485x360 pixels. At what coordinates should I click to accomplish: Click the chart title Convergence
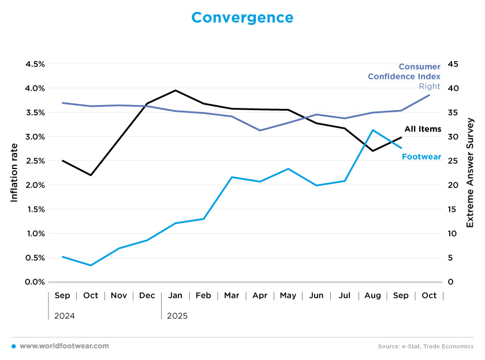pyautogui.click(x=242, y=18)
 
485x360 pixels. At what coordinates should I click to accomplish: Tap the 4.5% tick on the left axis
pyautogui.click(x=34, y=64)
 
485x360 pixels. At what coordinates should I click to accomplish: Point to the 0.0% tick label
pyautogui.click(x=34, y=282)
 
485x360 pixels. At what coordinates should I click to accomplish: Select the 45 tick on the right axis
pyautogui.click(x=454, y=64)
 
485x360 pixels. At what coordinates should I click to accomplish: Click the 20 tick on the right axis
pyautogui.click(x=454, y=185)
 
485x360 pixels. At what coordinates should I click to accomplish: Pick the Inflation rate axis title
pyautogui.click(x=14, y=173)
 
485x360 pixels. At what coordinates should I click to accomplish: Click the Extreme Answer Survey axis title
pyautogui.click(x=470, y=173)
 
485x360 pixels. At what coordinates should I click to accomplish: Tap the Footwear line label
pyautogui.click(x=421, y=156)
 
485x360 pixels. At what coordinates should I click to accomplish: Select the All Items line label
pyautogui.click(x=423, y=129)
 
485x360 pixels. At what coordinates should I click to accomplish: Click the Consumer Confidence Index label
pyautogui.click(x=404, y=72)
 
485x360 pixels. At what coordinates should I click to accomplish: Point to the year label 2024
pyautogui.click(x=64, y=316)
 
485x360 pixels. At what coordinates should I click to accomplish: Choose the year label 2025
pyautogui.click(x=177, y=316)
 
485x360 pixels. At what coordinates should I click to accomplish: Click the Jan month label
pyautogui.click(x=175, y=295)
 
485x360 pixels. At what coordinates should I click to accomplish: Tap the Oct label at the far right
pyautogui.click(x=429, y=295)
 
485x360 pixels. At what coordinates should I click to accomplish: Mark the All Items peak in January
pyautogui.click(x=175, y=91)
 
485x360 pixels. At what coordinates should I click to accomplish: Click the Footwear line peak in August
pyautogui.click(x=373, y=130)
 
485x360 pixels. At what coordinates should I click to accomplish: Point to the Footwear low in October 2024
pyautogui.click(x=91, y=265)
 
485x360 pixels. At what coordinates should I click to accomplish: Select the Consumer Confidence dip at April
pyautogui.click(x=260, y=130)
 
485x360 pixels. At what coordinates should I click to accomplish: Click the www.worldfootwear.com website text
pyautogui.click(x=64, y=346)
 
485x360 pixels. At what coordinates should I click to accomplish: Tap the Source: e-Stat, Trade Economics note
pyautogui.click(x=426, y=346)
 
